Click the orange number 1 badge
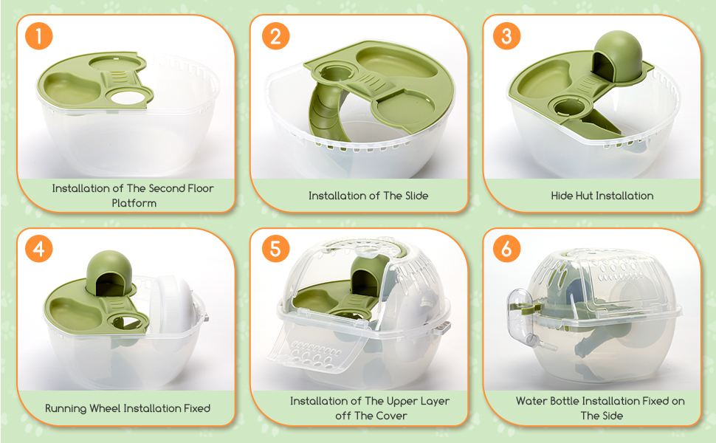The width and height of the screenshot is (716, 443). tap(39, 35)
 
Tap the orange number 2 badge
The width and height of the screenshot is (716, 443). tap(276, 35)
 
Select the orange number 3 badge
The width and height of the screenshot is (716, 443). tap(507, 35)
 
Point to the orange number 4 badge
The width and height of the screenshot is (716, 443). tap(39, 249)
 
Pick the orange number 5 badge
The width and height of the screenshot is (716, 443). tap(276, 249)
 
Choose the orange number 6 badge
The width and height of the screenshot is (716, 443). tap(507, 249)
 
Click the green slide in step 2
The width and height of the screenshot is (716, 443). tap(324, 109)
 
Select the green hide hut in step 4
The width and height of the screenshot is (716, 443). tap(109, 272)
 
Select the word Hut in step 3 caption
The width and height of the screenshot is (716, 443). tap(584, 196)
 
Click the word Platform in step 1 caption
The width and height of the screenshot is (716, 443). tap(134, 203)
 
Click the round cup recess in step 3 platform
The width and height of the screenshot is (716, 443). tap(569, 107)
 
